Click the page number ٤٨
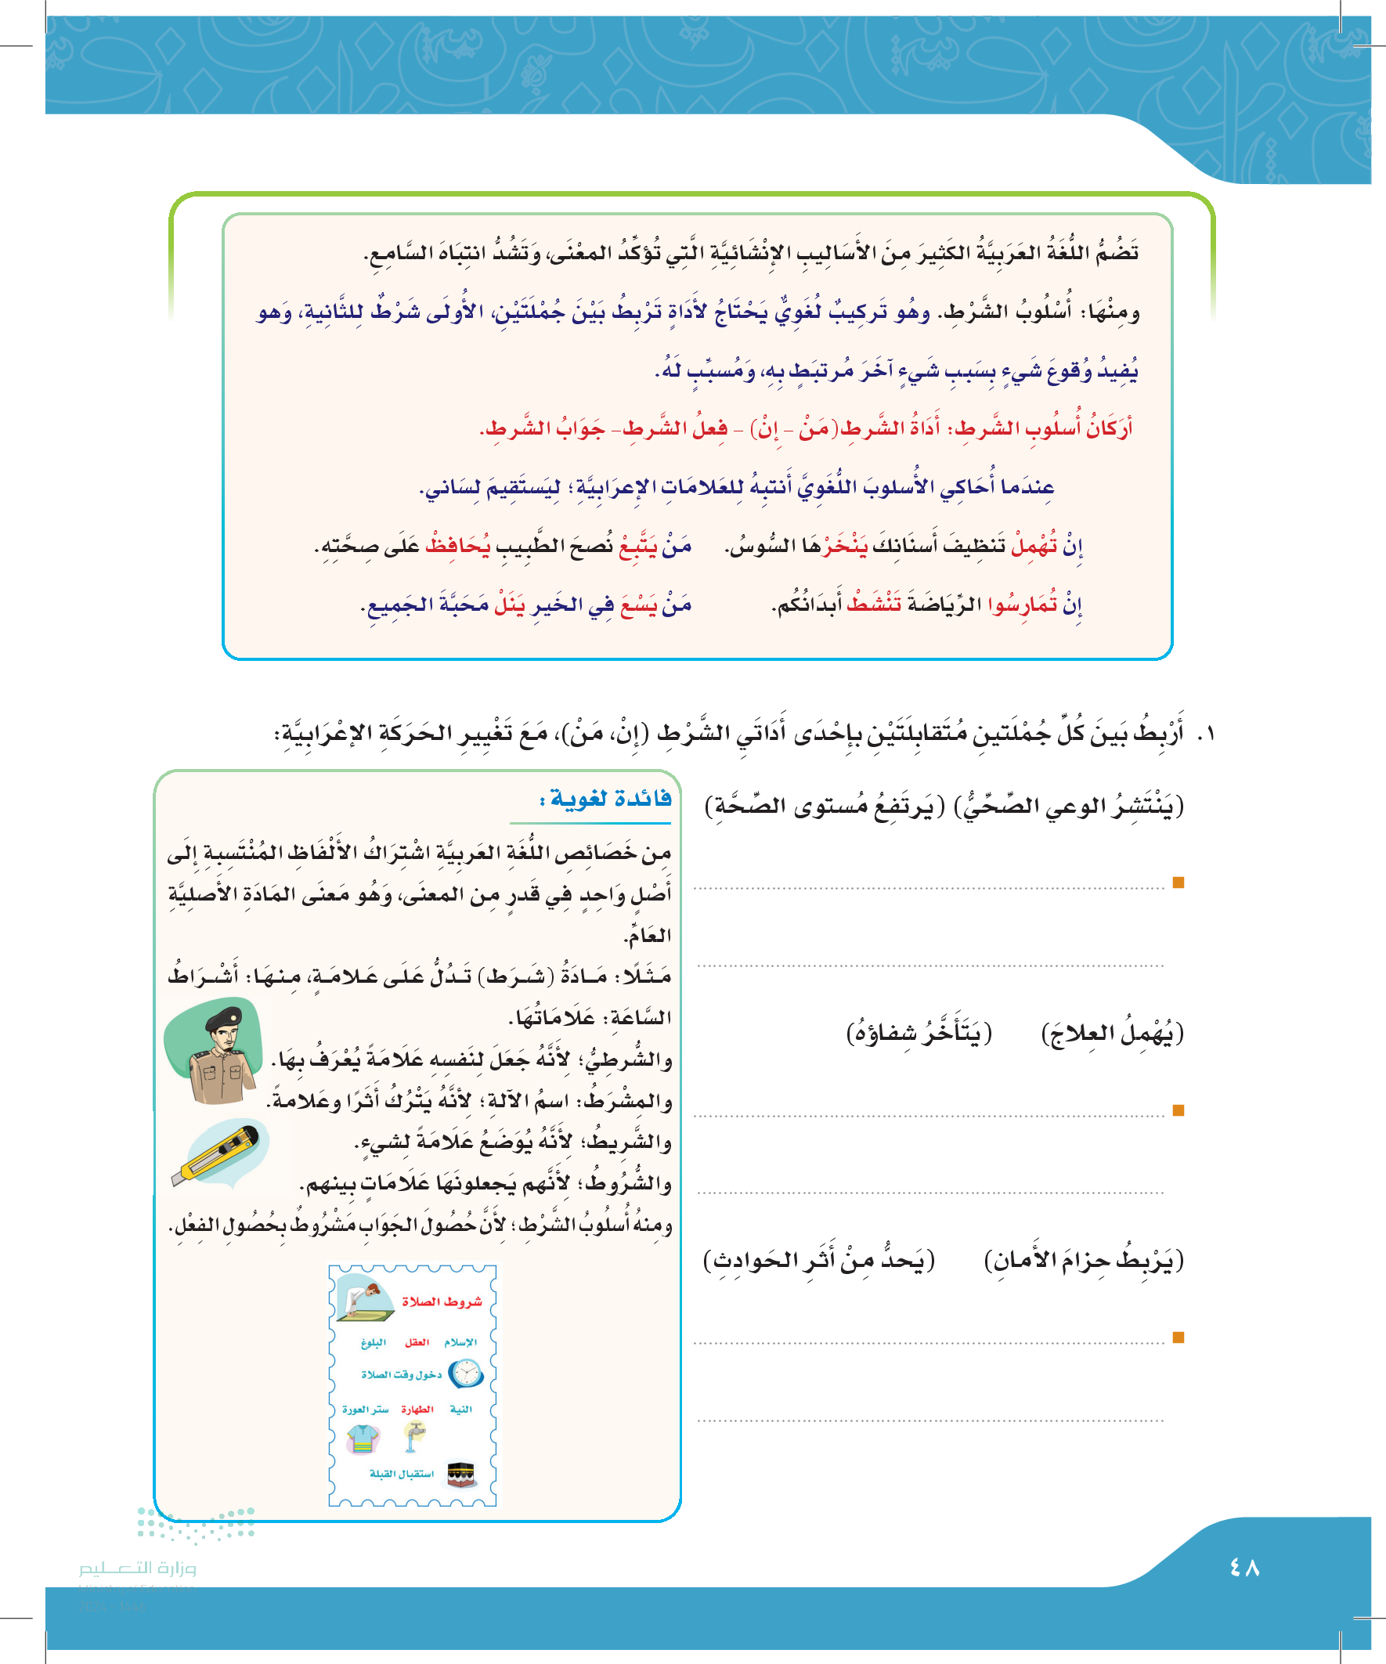pyautogui.click(x=1244, y=1567)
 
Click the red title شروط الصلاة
pyautogui.click(x=442, y=1301)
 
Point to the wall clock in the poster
pyautogui.click(x=466, y=1373)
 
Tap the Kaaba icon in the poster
pyautogui.click(x=462, y=1474)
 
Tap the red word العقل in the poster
pyautogui.click(x=417, y=1342)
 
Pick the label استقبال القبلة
pyautogui.click(x=402, y=1474)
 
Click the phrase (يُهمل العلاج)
pyautogui.click(x=1112, y=1034)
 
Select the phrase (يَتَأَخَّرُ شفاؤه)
pyautogui.click(x=919, y=1034)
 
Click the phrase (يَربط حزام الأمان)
pyautogui.click(x=1083, y=1260)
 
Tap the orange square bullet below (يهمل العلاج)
pyautogui.click(x=1178, y=1111)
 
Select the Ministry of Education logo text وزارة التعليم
pyautogui.click(x=138, y=1568)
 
